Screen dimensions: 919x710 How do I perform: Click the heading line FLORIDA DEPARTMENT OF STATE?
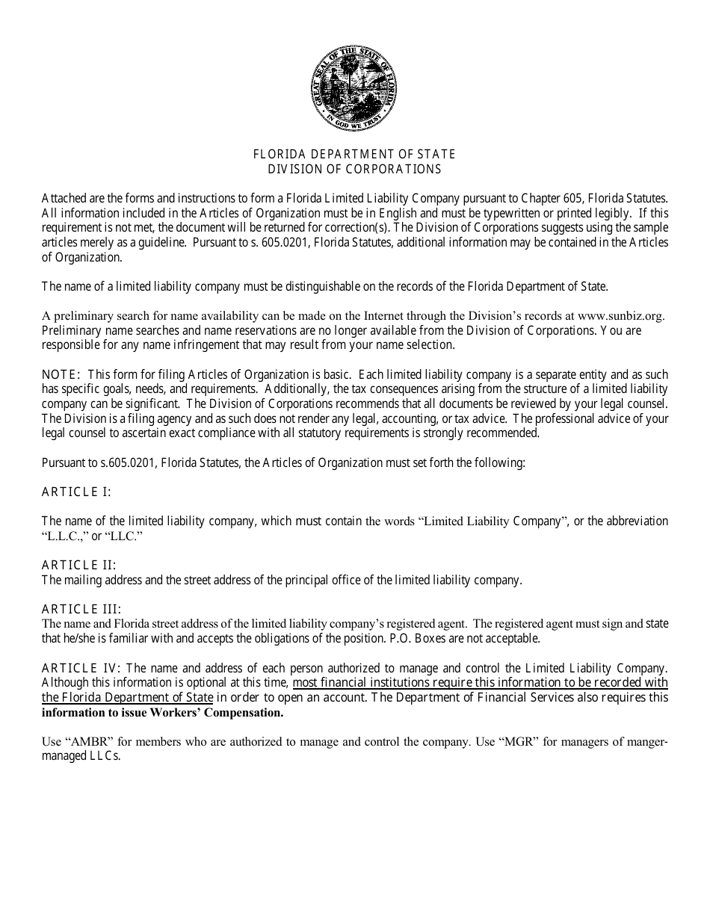click(354, 155)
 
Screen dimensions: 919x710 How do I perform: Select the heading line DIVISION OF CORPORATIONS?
click(354, 169)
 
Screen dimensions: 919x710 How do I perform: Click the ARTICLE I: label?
click(76, 492)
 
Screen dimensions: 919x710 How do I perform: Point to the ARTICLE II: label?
click(78, 565)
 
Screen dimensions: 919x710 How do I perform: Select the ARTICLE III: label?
click(81, 609)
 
